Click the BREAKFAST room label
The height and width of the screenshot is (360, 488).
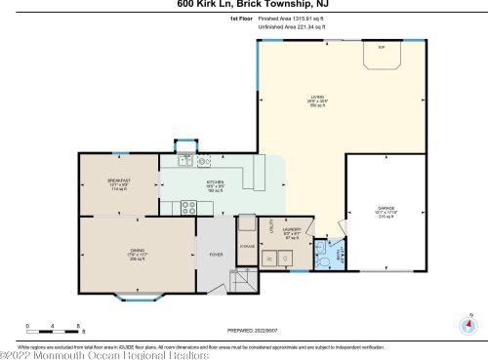coord(119,181)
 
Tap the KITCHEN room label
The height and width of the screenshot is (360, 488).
coord(216,181)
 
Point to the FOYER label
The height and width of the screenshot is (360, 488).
coord(216,255)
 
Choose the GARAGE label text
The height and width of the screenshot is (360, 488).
coord(386,208)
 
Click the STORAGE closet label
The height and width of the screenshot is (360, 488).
coord(247,246)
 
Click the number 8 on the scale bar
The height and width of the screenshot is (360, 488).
coord(78,324)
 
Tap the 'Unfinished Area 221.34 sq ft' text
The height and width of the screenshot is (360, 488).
coord(293,27)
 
